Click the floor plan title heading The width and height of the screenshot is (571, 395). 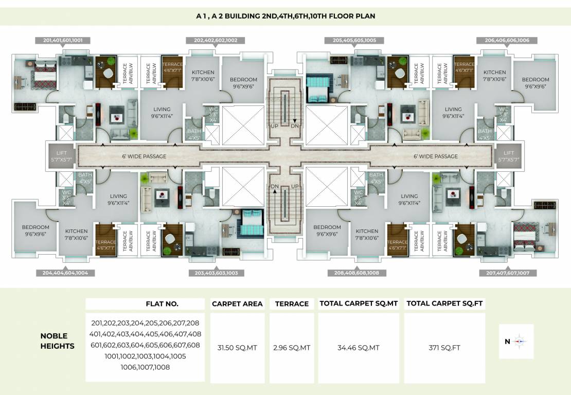tap(285, 16)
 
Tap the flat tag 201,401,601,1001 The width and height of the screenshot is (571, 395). tap(63, 40)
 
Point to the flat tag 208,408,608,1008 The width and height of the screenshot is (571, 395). tap(356, 273)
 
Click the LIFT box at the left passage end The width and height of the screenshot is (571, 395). tap(61, 156)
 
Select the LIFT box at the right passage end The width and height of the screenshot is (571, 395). tap(508, 156)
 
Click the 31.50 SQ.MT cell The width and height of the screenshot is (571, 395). tap(237, 348)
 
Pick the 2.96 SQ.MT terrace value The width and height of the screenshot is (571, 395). tap(292, 348)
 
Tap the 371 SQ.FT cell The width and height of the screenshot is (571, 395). tap(444, 348)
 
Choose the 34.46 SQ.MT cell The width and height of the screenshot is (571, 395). tap(358, 348)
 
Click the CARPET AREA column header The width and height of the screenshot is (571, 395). tap(237, 304)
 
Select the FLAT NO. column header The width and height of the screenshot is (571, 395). tap(162, 304)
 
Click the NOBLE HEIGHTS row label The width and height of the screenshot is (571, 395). tap(57, 342)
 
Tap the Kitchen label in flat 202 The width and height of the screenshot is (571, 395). tap(203, 76)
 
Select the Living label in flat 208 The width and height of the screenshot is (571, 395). tap(409, 200)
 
